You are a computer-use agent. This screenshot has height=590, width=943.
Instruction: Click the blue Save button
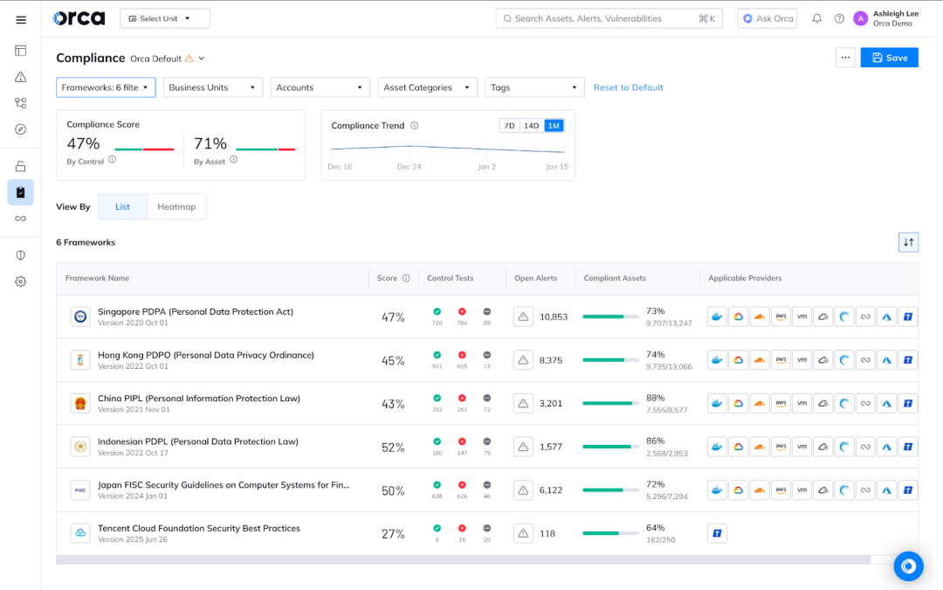coord(889,58)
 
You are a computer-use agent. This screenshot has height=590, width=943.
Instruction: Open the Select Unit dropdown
coord(165,18)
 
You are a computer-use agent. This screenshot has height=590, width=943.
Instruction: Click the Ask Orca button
coord(767,18)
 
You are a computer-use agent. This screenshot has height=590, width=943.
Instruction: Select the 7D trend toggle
coord(509,126)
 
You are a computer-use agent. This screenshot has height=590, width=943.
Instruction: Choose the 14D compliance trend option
coord(531,126)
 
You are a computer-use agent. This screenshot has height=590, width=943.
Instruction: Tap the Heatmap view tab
coord(176,206)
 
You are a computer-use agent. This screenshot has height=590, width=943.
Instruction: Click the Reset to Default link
coord(629,87)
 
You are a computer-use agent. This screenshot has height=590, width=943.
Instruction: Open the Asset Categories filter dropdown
coord(428,87)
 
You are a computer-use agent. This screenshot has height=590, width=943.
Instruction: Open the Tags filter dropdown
coord(534,87)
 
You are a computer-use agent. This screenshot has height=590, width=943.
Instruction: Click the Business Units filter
coord(213,87)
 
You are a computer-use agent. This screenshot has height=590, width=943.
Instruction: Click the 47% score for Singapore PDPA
coord(393,317)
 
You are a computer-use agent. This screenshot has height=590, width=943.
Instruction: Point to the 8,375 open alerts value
coord(551,360)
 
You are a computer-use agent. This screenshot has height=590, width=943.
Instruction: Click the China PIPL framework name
coord(199,398)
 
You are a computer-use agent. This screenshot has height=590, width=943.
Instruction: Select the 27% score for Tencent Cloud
coord(393,534)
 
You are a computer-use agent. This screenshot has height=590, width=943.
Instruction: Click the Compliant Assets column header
coord(615,278)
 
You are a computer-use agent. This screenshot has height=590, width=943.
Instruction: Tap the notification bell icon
coord(816,18)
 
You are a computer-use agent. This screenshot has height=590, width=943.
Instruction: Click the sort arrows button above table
coord(908,242)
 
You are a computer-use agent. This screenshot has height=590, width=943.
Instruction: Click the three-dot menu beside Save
coord(844,58)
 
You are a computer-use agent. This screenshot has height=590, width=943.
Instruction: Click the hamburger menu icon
coord(21,19)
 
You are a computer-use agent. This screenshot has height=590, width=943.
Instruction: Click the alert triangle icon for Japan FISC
coord(523,490)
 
